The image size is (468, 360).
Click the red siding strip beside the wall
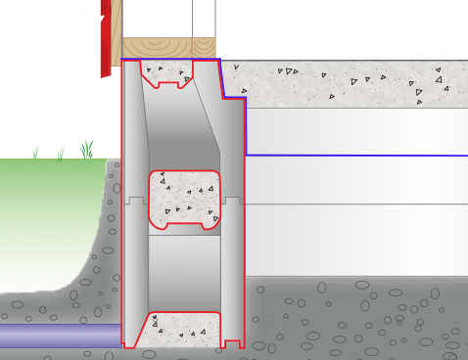(106, 39)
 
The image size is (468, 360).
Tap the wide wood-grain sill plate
(157, 48)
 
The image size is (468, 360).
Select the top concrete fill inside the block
(168, 73)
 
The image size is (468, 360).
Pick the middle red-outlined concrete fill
(183, 198)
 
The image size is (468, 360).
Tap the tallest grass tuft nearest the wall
(87, 149)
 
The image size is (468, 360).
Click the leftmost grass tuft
(35, 153)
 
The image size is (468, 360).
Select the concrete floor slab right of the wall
(343, 83)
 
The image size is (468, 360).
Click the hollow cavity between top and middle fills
(184, 132)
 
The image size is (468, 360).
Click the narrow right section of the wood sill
(204, 48)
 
